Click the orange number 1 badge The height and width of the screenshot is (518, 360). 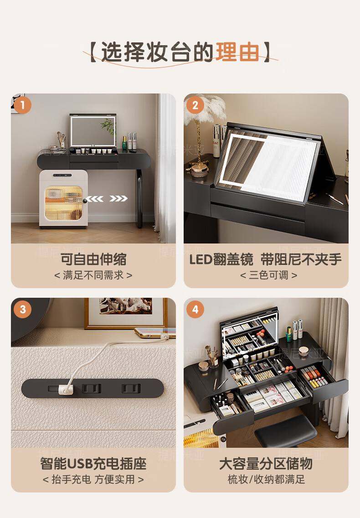22,105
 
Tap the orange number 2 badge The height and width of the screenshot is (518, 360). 195,105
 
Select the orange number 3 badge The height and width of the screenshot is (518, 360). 22,310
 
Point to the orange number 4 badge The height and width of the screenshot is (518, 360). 195,310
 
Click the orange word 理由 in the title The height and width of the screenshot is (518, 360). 237,52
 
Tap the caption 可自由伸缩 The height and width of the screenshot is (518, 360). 93,259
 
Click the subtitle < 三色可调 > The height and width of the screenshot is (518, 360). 268,275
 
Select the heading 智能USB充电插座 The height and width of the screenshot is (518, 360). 93,463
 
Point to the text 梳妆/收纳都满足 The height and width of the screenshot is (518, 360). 266,479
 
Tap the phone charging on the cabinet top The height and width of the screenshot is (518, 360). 154,333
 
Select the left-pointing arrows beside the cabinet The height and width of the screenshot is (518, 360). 95,198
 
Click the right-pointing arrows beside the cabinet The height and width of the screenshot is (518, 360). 118,198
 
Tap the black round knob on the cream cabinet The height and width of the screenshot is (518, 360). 85,200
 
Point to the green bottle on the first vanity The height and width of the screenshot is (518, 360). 124,143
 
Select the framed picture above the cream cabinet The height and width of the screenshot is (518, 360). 125,313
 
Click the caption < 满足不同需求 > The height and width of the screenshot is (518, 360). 93,275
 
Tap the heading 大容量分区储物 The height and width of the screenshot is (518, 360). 266,463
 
